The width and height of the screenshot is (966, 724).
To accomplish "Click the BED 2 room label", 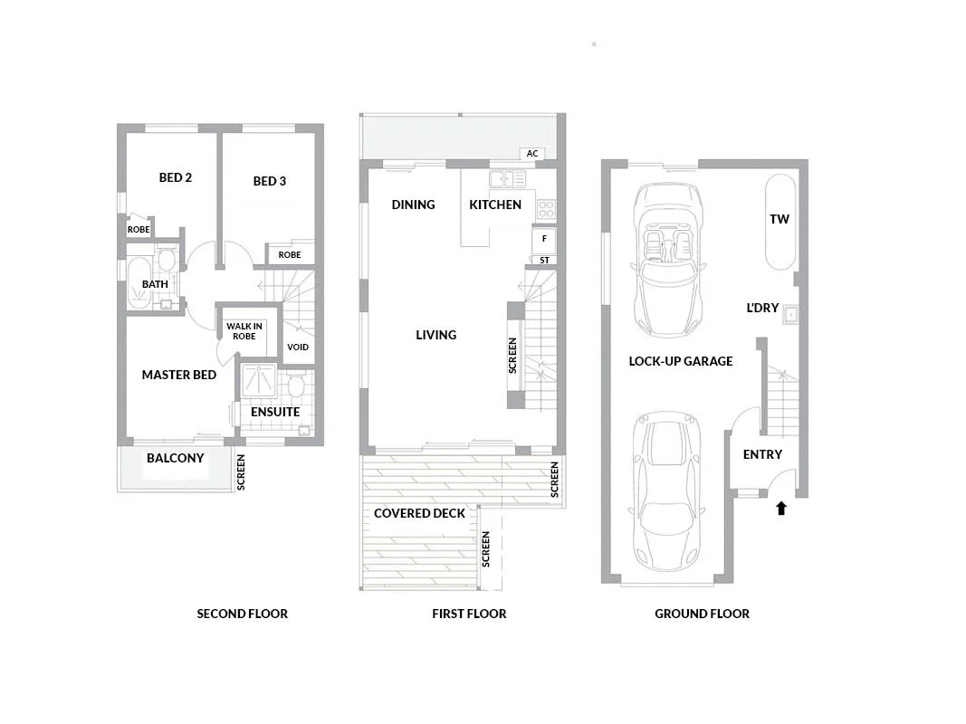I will click(175, 177).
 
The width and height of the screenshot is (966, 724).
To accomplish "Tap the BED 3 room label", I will click(269, 181).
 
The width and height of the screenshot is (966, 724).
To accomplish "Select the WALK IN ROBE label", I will click(244, 331).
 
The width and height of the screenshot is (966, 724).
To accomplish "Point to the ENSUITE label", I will click(275, 412).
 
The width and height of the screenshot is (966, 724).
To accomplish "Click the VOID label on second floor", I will click(297, 347).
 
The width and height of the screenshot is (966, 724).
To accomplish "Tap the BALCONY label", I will click(176, 458).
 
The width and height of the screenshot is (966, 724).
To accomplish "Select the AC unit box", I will click(532, 154).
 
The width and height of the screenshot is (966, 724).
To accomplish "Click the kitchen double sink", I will click(501, 178).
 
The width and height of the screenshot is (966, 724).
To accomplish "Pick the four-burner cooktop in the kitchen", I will click(545, 209).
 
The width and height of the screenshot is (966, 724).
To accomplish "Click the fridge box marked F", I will click(544, 239).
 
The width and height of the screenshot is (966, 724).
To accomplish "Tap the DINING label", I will click(413, 205).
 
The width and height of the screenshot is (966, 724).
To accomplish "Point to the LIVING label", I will click(435, 335).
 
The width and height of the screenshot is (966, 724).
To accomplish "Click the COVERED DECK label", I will click(419, 513).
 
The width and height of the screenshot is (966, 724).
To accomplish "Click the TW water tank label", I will click(779, 220).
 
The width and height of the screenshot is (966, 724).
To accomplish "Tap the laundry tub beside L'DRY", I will click(791, 314).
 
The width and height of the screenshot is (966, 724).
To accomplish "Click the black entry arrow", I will click(781, 509).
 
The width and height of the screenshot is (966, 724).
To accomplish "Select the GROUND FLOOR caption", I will click(702, 614).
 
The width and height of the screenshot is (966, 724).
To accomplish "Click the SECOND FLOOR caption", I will click(242, 614).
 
